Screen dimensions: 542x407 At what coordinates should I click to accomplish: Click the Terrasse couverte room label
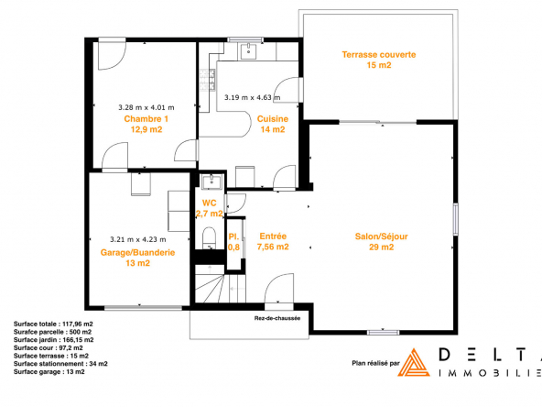(379, 55)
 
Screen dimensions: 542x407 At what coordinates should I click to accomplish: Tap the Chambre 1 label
(146, 119)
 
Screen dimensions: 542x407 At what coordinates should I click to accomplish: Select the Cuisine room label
(273, 119)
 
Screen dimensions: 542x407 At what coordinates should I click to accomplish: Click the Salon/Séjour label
(381, 236)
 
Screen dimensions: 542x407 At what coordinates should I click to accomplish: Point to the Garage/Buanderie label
(137, 253)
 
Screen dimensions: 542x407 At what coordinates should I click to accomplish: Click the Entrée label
(273, 236)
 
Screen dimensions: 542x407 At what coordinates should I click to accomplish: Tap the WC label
(209, 203)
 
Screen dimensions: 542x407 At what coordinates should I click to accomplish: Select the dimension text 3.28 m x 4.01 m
(146, 107)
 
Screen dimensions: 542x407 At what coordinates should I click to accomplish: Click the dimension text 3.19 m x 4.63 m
(253, 97)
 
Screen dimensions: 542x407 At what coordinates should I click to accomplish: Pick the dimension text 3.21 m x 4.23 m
(138, 239)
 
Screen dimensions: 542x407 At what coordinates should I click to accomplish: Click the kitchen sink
(248, 51)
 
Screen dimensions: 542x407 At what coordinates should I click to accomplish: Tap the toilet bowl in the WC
(209, 237)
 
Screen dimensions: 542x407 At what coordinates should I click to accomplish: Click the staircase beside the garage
(220, 284)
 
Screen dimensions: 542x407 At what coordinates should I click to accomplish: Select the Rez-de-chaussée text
(277, 318)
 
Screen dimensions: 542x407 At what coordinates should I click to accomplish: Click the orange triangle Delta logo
(414, 363)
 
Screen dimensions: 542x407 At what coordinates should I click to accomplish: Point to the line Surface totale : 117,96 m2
(53, 324)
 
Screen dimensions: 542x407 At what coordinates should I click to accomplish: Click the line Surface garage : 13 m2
(49, 371)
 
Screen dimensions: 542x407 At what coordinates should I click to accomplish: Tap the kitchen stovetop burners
(207, 81)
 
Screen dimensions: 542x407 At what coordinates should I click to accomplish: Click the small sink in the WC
(211, 182)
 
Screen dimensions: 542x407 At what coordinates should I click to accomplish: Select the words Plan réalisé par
(375, 363)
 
